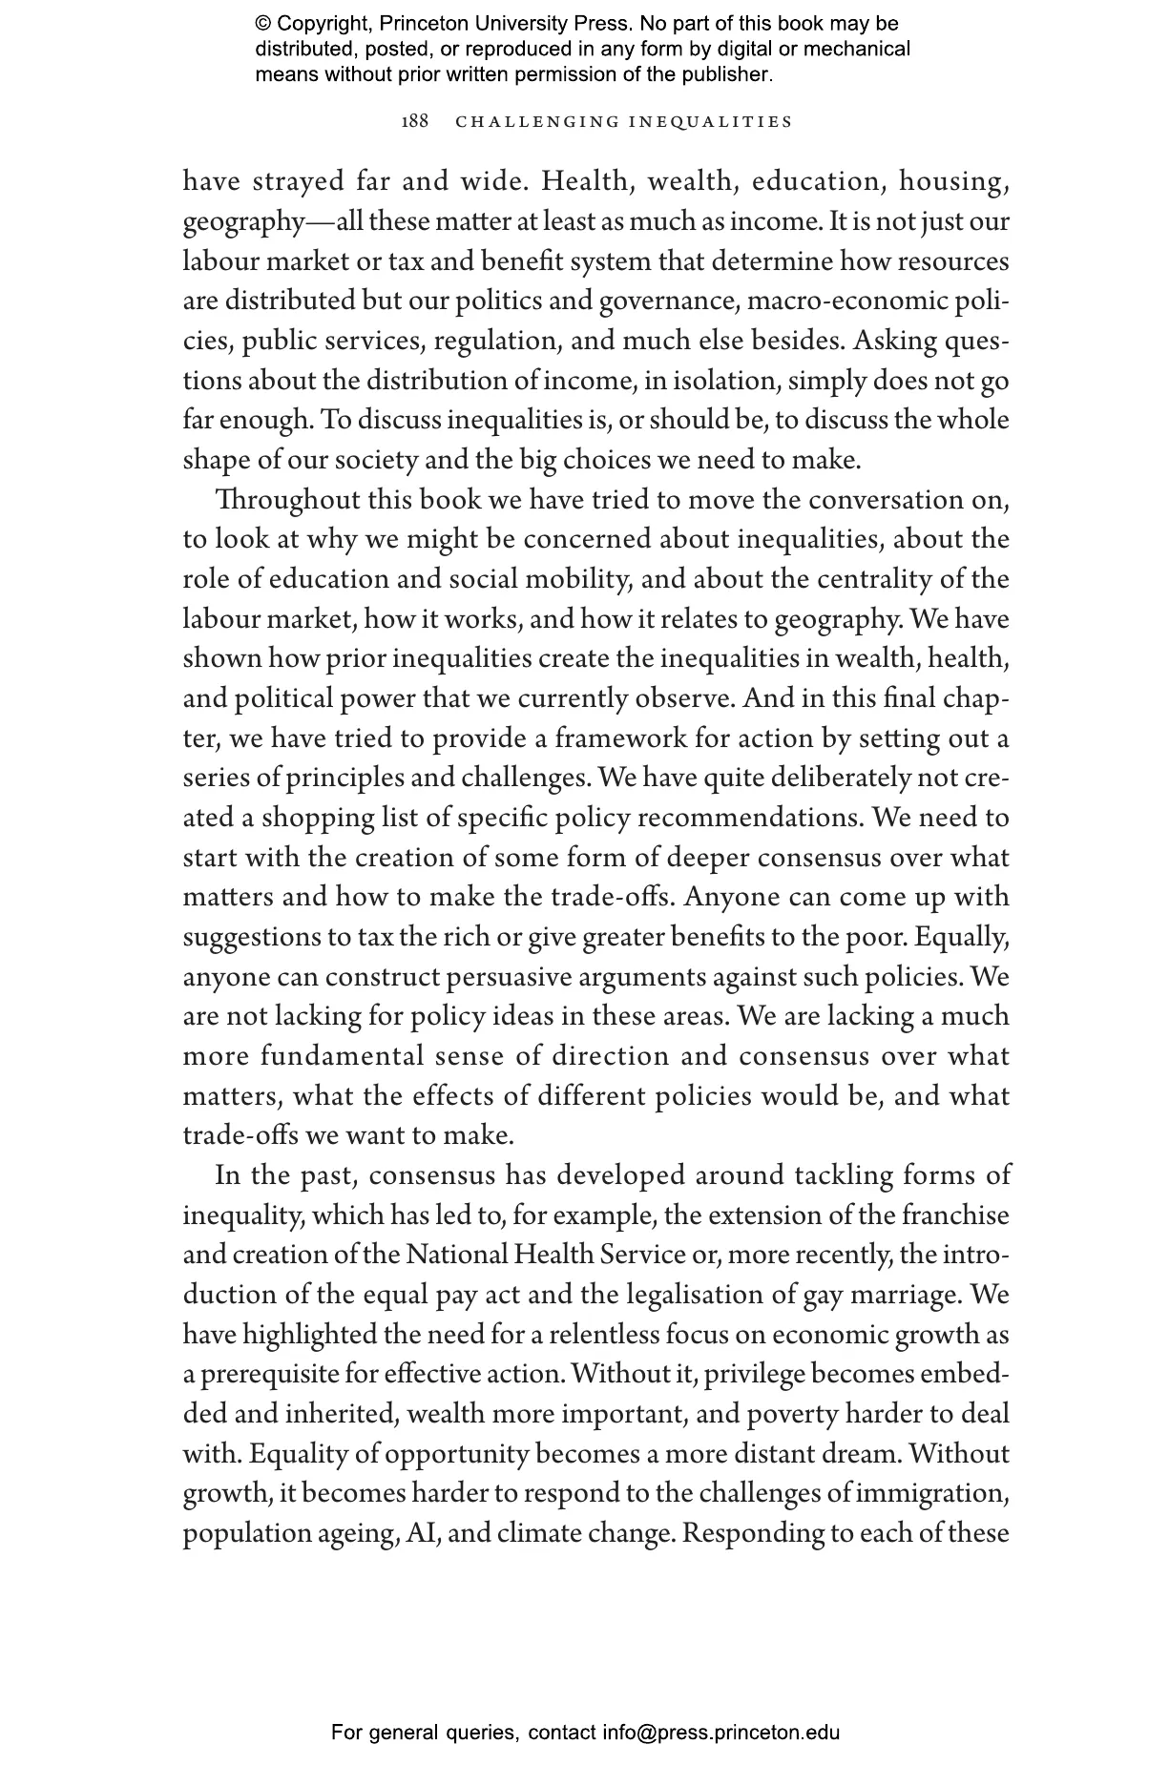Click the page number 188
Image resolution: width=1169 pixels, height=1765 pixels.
pyautogui.click(x=415, y=122)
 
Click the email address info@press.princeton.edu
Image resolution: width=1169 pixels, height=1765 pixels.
pyautogui.click(x=720, y=1732)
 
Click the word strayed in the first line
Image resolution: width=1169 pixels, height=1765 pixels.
pyautogui.click(x=298, y=181)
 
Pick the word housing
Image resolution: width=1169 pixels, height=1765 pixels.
pyautogui.click(x=954, y=181)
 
